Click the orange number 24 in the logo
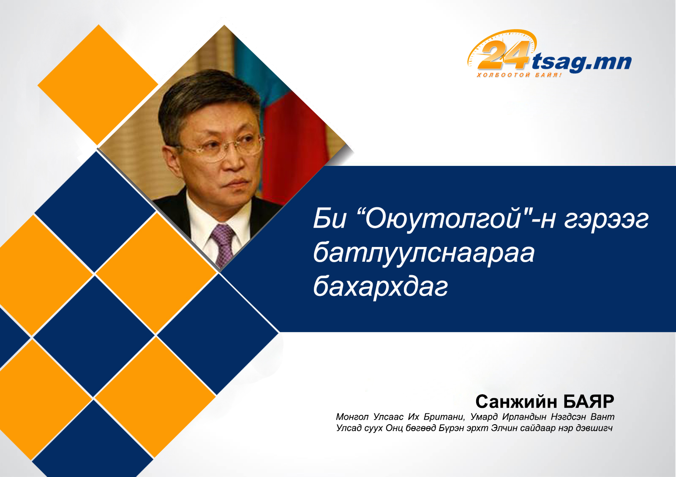[503, 55]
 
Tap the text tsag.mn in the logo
[581, 62]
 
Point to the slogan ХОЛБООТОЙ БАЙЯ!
[519, 75]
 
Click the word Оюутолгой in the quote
[443, 219]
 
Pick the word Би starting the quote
[329, 219]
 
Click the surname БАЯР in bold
[589, 401]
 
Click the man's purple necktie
[224, 244]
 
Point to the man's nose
[234, 160]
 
